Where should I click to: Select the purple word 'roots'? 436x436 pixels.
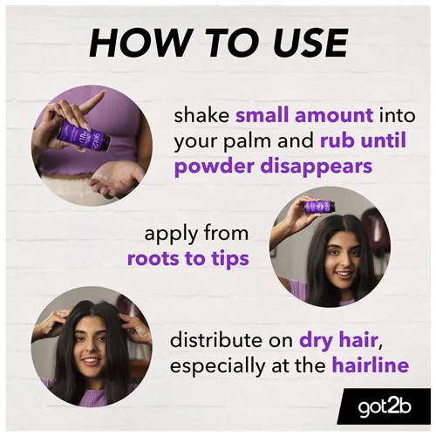pos(153,259)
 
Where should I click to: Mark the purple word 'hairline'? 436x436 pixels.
pos(371,365)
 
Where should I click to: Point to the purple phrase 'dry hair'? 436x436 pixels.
pos(338,341)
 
